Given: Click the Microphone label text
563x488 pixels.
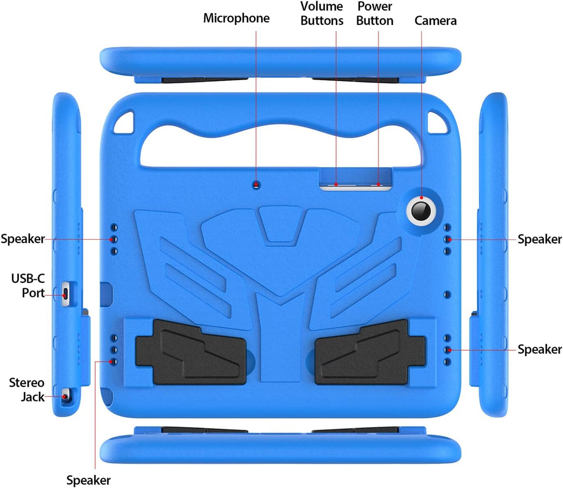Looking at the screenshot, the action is pyautogui.click(x=236, y=18).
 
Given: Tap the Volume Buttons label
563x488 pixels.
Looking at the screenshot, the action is pyautogui.click(x=322, y=14).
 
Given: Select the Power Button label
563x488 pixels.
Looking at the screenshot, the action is pyautogui.click(x=374, y=14).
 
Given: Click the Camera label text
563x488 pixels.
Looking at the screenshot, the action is pyautogui.click(x=435, y=20).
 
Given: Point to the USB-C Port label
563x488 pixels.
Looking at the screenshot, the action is pyautogui.click(x=28, y=285).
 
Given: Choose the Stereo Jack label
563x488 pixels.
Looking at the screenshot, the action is pyautogui.click(x=27, y=390).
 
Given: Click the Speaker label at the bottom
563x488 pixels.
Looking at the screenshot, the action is pyautogui.click(x=88, y=480).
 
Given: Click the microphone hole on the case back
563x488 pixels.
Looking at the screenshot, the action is pyautogui.click(x=256, y=185).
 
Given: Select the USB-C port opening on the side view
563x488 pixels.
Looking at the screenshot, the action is pyautogui.click(x=65, y=294).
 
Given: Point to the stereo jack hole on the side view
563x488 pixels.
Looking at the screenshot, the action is pyautogui.click(x=65, y=396).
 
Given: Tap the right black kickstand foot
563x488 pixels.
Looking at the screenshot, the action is pyautogui.click(x=370, y=353).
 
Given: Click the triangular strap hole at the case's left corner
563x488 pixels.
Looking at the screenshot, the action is pyautogui.click(x=124, y=122).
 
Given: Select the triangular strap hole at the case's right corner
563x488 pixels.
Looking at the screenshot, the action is pyautogui.click(x=438, y=122).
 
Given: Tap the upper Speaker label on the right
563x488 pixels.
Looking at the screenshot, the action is pyautogui.click(x=540, y=239).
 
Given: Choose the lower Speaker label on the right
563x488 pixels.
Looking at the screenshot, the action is pyautogui.click(x=540, y=349).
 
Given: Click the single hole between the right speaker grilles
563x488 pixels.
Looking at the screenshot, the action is pyautogui.click(x=447, y=295).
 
